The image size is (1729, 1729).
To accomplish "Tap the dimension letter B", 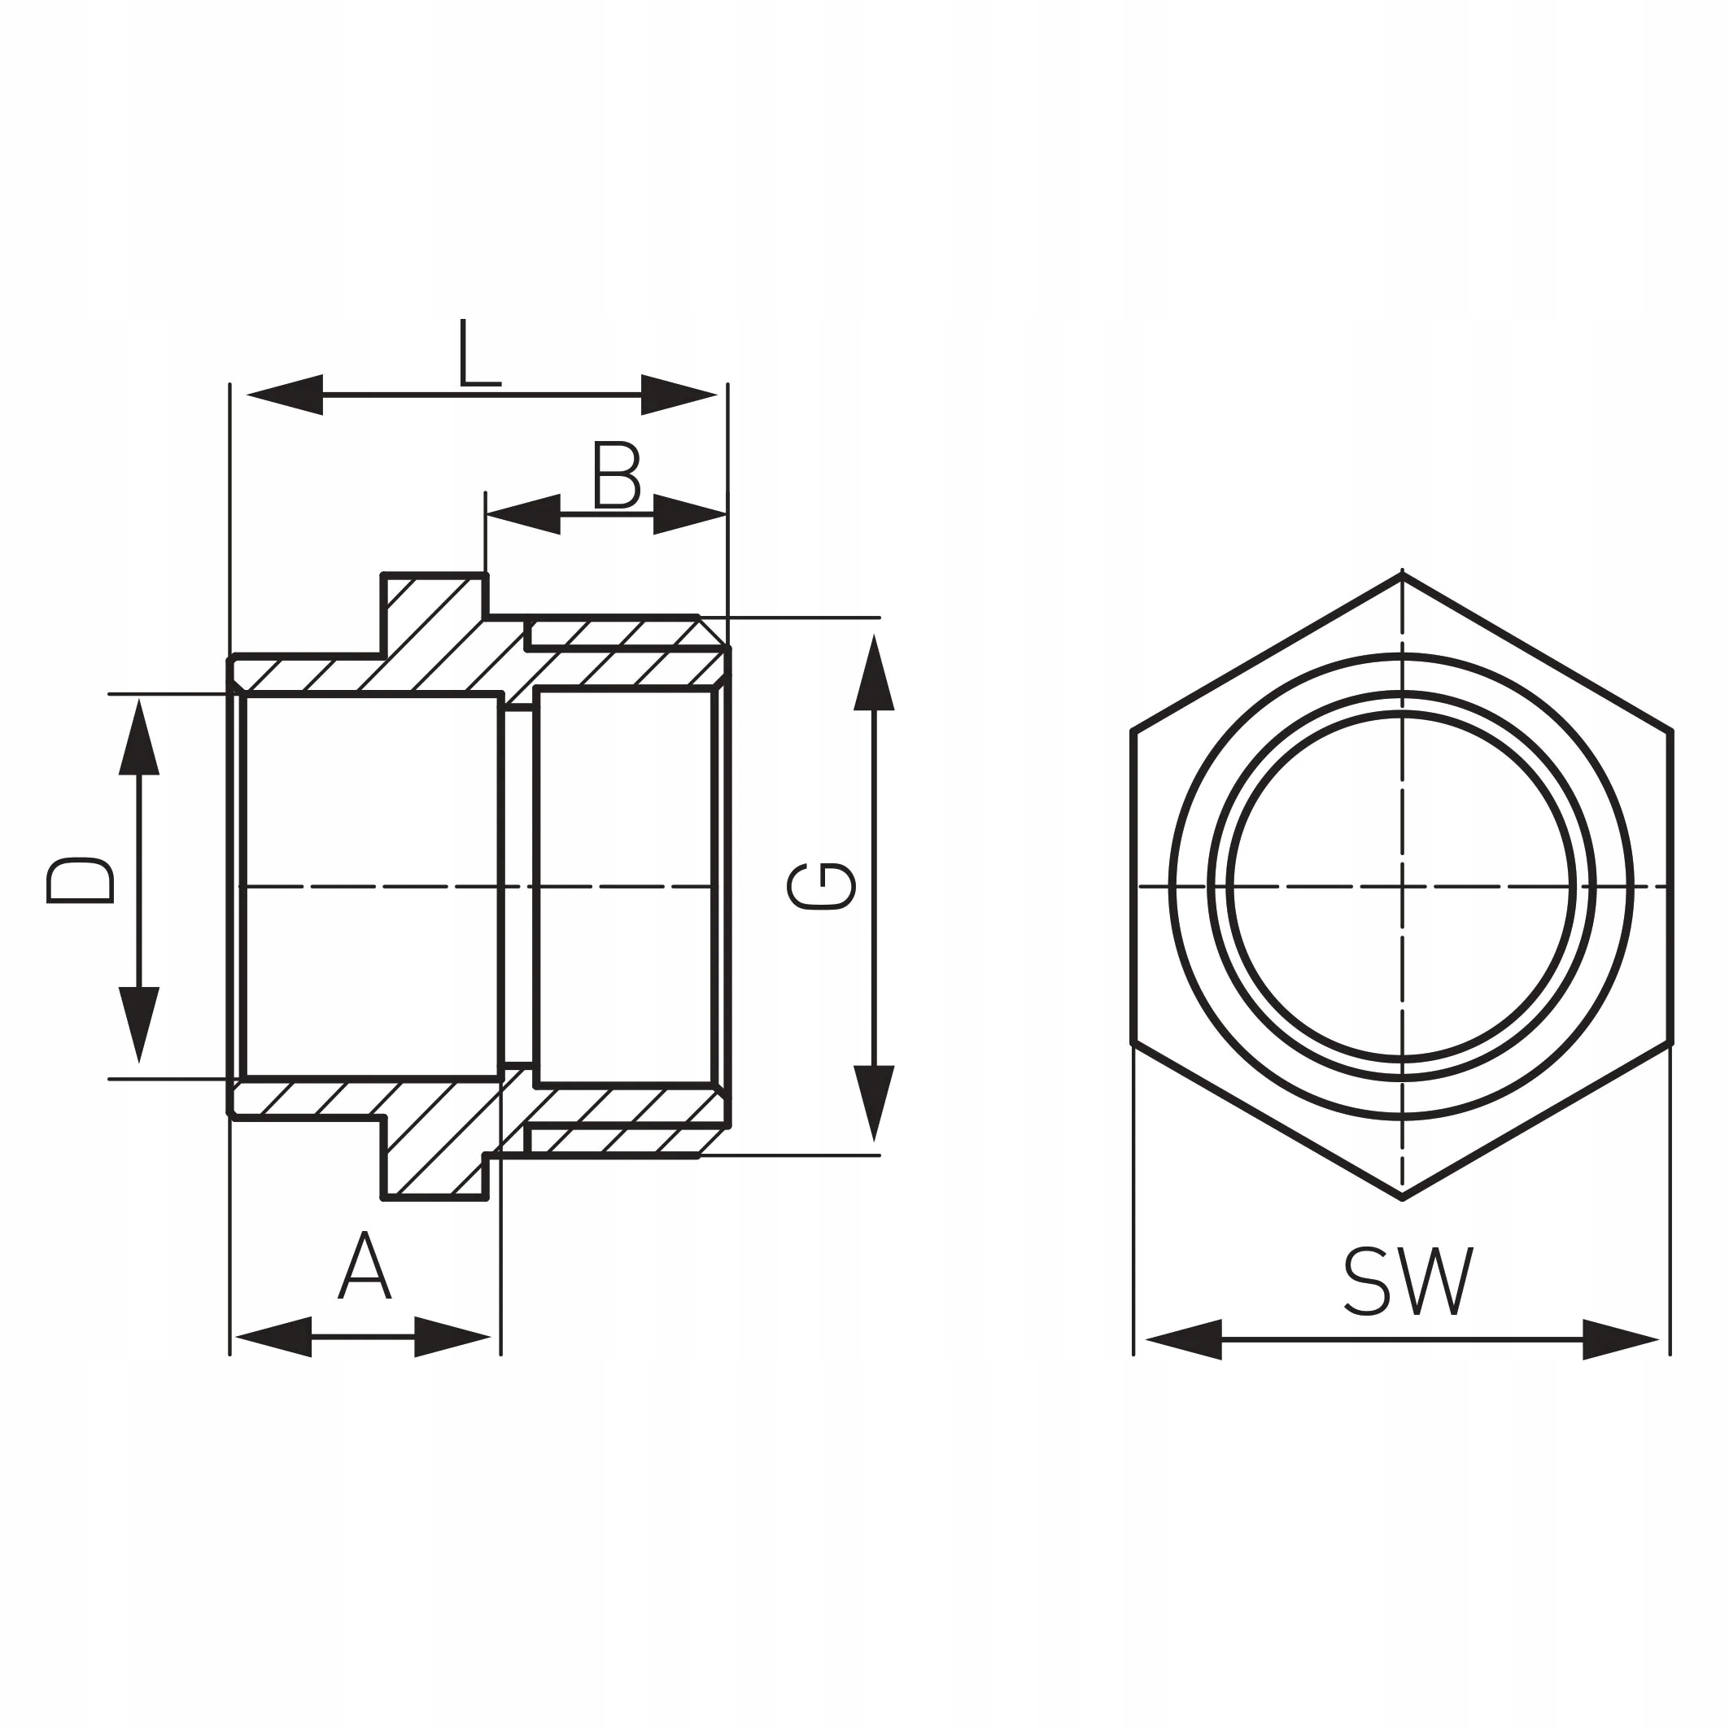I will click(x=616, y=474).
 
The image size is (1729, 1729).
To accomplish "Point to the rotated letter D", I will click(x=81, y=880).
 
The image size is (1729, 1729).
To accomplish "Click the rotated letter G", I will click(x=821, y=887).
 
